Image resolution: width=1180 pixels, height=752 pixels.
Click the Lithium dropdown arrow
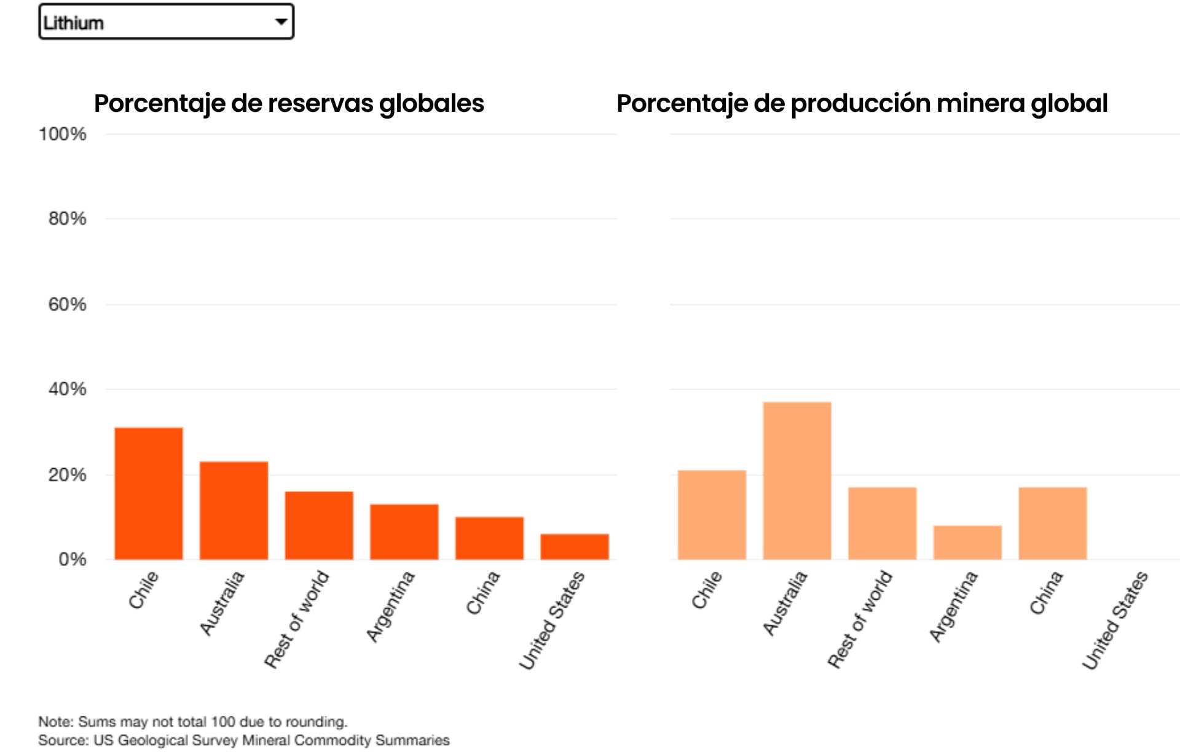coord(281,22)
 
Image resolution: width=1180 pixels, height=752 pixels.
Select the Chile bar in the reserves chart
coord(149,493)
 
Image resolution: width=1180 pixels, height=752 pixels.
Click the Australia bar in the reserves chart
coord(234,511)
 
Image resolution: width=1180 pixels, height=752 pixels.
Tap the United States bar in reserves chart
coord(575,547)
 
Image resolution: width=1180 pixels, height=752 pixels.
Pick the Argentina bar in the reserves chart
coord(404,532)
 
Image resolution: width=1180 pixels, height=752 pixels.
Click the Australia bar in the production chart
coord(797,480)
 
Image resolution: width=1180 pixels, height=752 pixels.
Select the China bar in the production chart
coord(1053,523)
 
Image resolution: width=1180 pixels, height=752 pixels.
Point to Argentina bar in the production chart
coord(967,542)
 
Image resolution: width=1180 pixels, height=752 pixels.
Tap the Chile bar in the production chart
coord(712,515)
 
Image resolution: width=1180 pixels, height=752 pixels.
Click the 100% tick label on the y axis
coord(63,134)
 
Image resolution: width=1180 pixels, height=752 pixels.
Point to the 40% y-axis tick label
coord(67,389)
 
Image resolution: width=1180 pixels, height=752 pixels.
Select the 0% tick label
coord(72,559)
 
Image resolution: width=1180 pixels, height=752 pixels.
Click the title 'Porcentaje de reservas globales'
coord(289,103)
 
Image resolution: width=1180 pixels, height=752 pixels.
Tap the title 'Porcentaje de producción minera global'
coord(862,103)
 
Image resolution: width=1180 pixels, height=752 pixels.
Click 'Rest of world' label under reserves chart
coord(297,619)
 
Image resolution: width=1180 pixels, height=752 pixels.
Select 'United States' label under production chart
coord(1115,620)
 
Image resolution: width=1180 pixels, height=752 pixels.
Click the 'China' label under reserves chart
coord(482,593)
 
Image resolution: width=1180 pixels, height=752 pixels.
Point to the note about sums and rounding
coord(193,721)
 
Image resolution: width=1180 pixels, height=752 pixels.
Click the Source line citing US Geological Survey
coord(243,740)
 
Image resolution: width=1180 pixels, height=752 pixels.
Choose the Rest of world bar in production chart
coord(882,523)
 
